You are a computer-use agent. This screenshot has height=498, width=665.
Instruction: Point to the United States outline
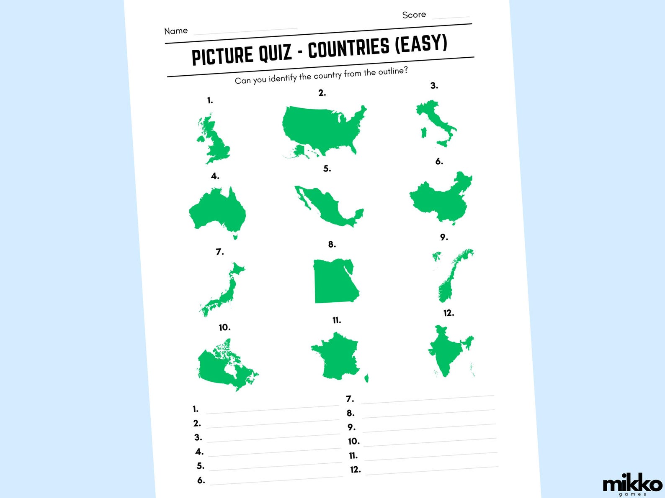(322, 128)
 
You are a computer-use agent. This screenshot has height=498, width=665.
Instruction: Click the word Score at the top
(414, 15)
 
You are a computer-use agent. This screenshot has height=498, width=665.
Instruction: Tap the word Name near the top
(176, 31)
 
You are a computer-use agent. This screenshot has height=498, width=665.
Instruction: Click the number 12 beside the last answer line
(355, 470)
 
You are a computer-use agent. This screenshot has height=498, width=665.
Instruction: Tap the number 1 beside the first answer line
(195, 409)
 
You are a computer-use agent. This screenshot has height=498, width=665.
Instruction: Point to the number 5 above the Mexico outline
(327, 169)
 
